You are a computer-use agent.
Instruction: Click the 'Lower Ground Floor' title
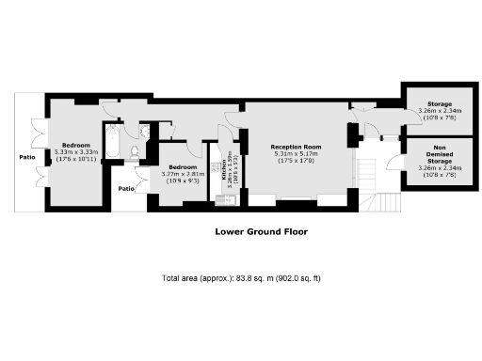click(261, 230)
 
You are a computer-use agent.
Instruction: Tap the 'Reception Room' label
click(296, 148)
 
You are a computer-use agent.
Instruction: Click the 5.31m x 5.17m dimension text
click(296, 154)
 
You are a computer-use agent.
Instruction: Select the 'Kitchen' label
click(224, 169)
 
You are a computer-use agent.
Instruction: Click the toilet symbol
click(137, 151)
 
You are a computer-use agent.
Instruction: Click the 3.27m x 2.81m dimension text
click(184, 173)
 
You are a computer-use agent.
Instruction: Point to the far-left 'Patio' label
click(27, 157)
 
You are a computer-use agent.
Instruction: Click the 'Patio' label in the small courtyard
click(126, 188)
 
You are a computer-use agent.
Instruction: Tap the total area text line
click(242, 279)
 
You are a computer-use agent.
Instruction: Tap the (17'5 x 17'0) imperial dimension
click(296, 162)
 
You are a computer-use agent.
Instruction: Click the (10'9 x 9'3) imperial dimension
click(184, 180)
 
